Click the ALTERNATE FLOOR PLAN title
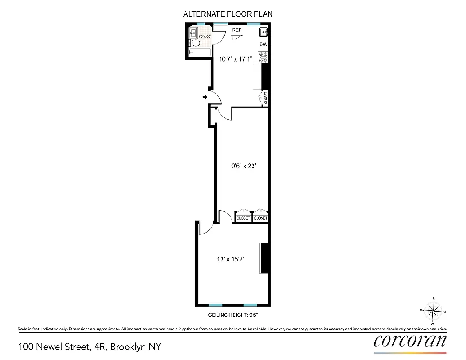click(228, 14)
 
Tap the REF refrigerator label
click(237, 30)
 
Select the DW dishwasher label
click(264, 45)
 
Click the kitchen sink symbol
click(264, 32)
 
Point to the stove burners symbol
click(264, 56)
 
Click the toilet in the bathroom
click(195, 43)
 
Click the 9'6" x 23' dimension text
click(243, 165)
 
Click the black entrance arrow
click(205, 97)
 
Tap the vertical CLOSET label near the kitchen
click(266, 98)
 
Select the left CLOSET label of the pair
click(243, 218)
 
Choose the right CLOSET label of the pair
click(260, 218)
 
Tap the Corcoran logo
click(410, 341)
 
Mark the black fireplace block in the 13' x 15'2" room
click(265, 258)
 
